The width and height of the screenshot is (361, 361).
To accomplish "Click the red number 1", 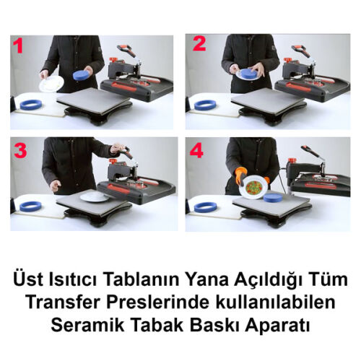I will pyautogui.click(x=19, y=47).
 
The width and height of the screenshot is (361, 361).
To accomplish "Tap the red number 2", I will pyautogui.click(x=199, y=45).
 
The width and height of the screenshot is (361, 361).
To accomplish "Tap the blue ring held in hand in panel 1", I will pyautogui.click(x=81, y=74).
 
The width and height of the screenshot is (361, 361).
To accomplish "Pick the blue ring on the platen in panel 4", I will pyautogui.click(x=274, y=196).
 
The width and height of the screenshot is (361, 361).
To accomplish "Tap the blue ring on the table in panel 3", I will pyautogui.click(x=30, y=206).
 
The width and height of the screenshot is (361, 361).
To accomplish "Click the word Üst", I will pyautogui.click(x=31, y=279).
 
